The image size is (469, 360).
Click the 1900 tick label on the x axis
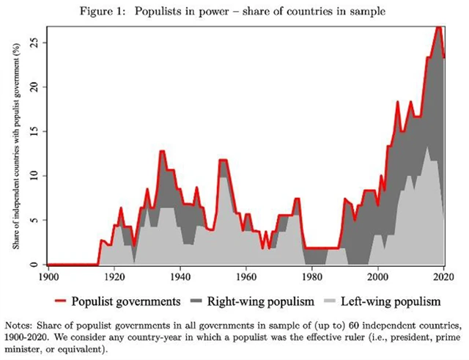(48, 276)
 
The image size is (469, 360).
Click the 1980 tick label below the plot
(311, 276)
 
